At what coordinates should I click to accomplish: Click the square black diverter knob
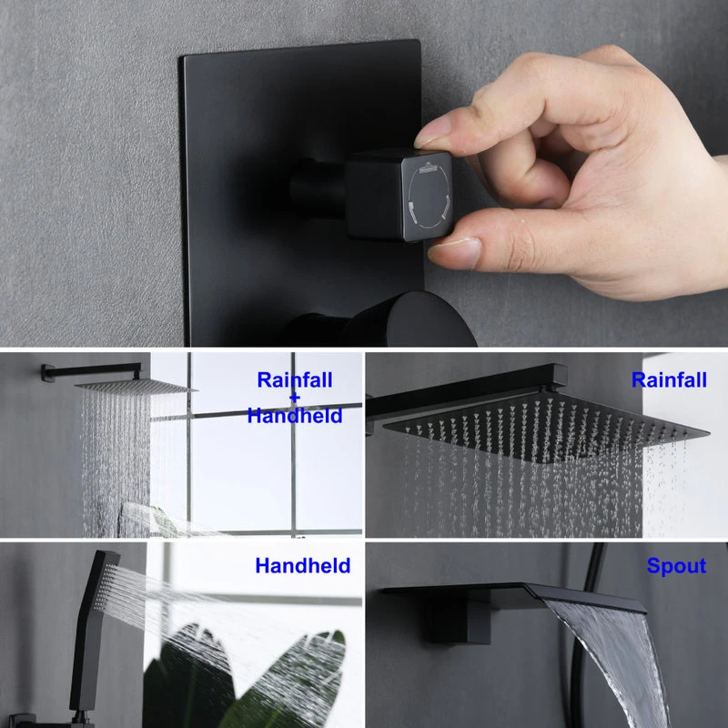click(399, 195)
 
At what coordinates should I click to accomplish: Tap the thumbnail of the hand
click(455, 251)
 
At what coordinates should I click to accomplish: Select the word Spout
click(676, 566)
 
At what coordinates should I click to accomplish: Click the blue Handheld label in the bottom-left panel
click(303, 565)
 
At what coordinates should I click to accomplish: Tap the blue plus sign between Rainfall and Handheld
click(295, 398)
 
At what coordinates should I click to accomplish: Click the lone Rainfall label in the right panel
click(669, 379)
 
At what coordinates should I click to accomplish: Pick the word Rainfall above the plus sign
click(295, 379)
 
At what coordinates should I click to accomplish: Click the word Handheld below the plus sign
click(295, 416)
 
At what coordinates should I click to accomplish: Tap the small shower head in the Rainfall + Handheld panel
click(136, 386)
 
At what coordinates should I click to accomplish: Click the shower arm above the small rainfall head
click(91, 371)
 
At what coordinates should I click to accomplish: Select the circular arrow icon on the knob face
click(428, 197)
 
